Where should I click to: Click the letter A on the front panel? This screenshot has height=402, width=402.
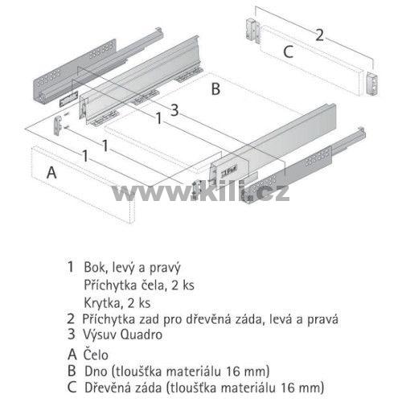pyautogui.click(x=51, y=172)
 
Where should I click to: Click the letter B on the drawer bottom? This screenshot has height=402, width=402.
pyautogui.click(x=215, y=89)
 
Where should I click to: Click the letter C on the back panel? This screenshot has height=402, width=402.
pyautogui.click(x=289, y=51)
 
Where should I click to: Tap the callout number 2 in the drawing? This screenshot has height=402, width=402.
pyautogui.click(x=319, y=35)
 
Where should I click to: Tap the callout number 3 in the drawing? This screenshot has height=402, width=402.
pyautogui.click(x=174, y=110)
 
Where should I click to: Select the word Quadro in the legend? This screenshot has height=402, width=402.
pyautogui.click(x=142, y=335)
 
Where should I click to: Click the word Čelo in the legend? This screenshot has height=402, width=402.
pyautogui.click(x=96, y=355)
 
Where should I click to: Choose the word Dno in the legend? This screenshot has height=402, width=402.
pyautogui.click(x=96, y=371)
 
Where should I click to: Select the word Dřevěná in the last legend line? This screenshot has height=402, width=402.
pyautogui.click(x=105, y=388)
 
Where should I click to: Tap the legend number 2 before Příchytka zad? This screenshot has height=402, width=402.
pyautogui.click(x=71, y=319)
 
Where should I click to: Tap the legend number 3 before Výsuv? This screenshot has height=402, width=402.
pyautogui.click(x=71, y=334)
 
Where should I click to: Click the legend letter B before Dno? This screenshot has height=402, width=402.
pyautogui.click(x=72, y=371)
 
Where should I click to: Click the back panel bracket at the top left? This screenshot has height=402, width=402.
pyautogui.click(x=252, y=31)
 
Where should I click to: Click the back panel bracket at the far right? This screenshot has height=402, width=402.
pyautogui.click(x=371, y=84)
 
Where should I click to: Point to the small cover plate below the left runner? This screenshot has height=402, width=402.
pyautogui.click(x=68, y=100)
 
